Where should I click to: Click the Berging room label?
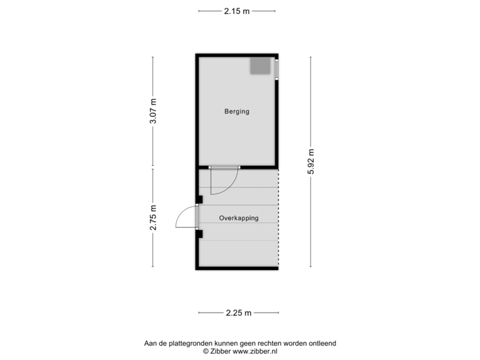coord(236,111)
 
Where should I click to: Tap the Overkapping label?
coord(239,218)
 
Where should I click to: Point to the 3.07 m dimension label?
coord(153,111)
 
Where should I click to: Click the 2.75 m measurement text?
coord(153,217)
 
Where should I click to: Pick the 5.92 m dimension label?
coord(310,161)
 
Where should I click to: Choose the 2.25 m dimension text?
coord(238,312)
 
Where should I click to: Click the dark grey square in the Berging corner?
coord(259,66)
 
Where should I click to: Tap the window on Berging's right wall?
coord(276,69)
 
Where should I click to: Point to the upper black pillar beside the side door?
coord(199,198)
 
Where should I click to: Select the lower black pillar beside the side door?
coord(199,233)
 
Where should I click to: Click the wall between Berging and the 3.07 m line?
coord(196,111)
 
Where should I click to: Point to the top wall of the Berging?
coord(237,55)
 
